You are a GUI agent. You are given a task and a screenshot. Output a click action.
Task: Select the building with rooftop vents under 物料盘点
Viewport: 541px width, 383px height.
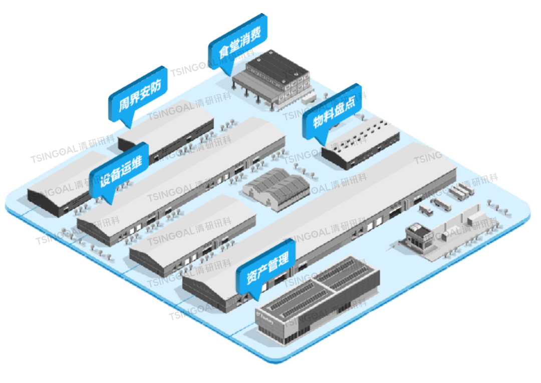(x=361, y=143)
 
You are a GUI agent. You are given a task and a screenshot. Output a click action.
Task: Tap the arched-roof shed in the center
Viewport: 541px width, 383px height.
(x=276, y=189)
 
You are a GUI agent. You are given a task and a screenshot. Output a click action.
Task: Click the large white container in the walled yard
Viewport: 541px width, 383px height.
(x=473, y=219)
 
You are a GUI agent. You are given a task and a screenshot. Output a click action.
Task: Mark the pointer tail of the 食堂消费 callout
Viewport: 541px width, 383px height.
(x=228, y=72)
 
